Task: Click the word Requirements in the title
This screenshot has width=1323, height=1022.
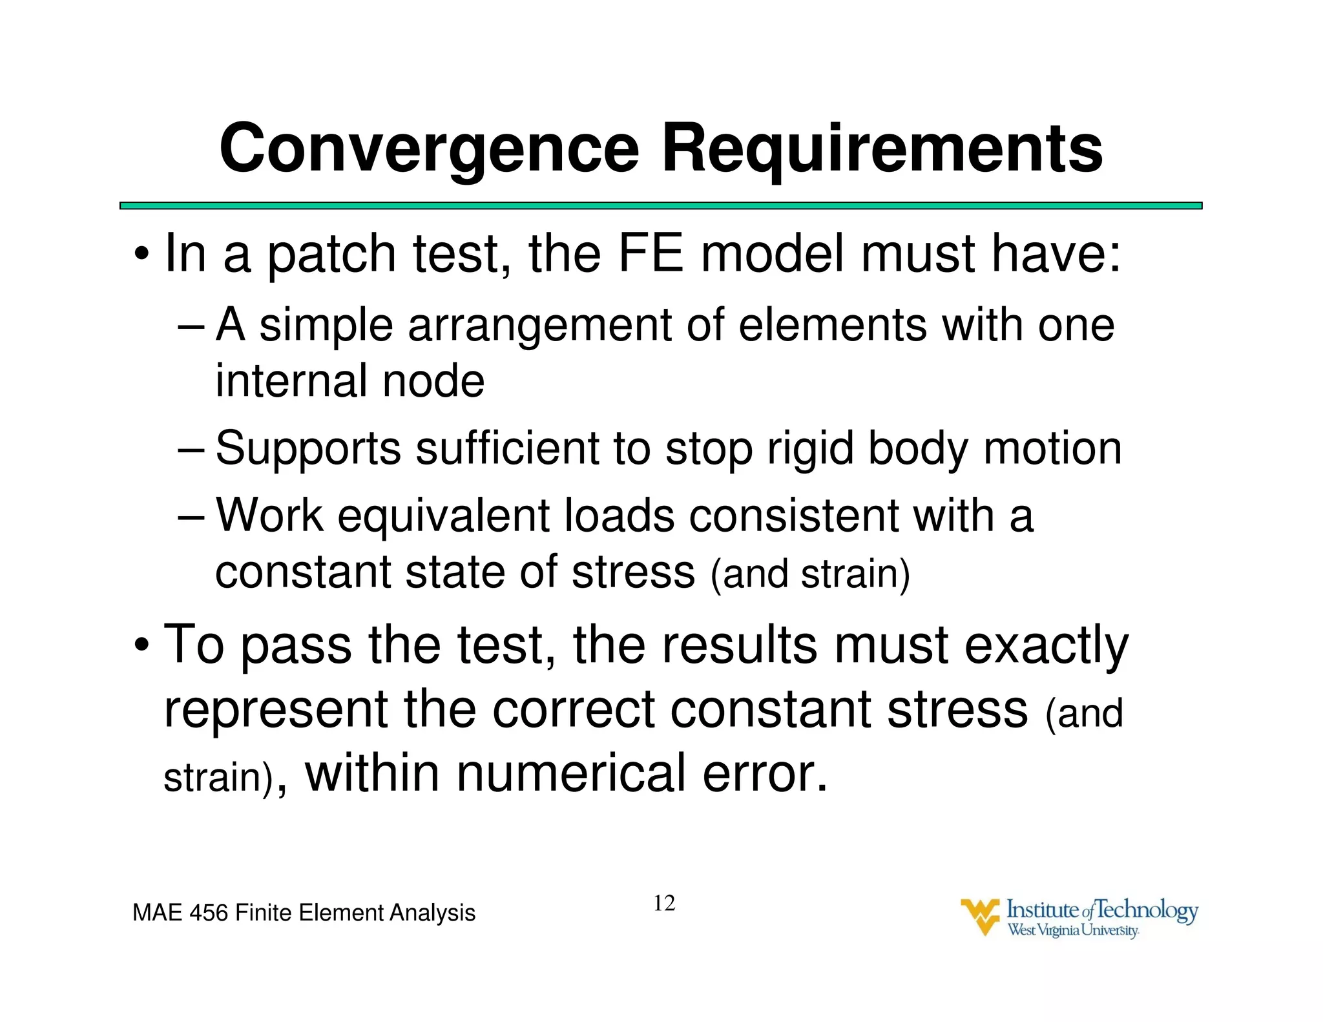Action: [x=882, y=149]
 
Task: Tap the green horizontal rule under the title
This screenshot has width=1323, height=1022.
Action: [x=660, y=205]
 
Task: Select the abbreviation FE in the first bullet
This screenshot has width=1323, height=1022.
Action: [x=651, y=253]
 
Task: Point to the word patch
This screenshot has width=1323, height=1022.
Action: [x=331, y=255]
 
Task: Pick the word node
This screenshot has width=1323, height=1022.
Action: [x=433, y=381]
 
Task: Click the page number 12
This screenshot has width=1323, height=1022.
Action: [x=664, y=903]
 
